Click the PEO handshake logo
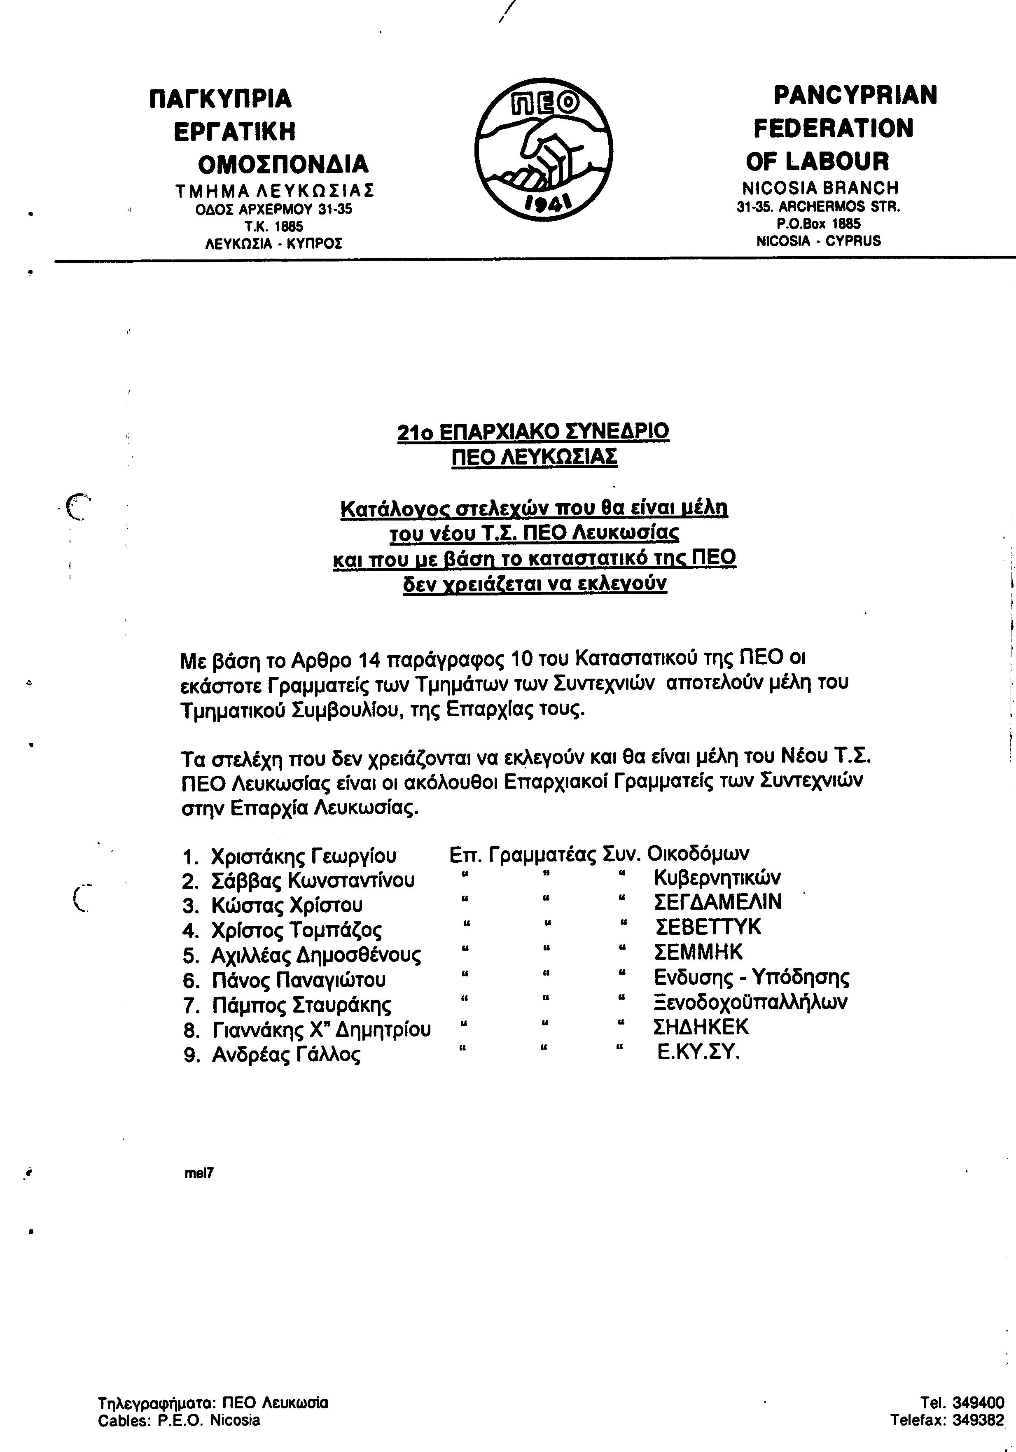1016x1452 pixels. coord(544,149)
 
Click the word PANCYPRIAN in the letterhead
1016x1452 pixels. coord(855,96)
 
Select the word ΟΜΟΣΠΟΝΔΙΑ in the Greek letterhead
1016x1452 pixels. coord(283,164)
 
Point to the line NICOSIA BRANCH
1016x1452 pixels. coord(820,188)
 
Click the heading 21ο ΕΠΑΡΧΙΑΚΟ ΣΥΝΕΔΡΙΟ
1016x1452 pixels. coord(533,431)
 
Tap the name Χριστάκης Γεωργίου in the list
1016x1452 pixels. coord(304,856)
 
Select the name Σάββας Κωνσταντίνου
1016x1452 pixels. coord(313,880)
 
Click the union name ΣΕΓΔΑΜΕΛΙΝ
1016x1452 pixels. coord(718,902)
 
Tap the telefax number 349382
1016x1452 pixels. coord(978,1420)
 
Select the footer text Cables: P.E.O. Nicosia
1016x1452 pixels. coord(179,1420)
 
